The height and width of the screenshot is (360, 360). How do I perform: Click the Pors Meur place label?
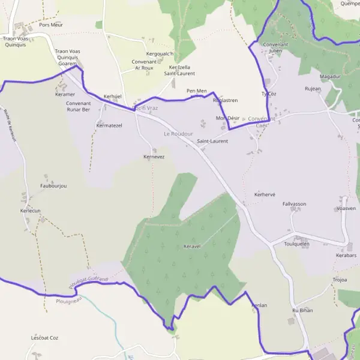(51, 25)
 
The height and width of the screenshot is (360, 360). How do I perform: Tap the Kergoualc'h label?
(160, 55)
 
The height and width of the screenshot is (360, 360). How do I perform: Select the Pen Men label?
(196, 91)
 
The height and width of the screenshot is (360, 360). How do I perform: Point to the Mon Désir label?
(227, 118)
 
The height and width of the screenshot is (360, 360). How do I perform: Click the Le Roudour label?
(178, 134)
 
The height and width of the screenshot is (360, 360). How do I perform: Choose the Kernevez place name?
(154, 157)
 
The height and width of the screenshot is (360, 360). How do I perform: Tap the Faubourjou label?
(53, 186)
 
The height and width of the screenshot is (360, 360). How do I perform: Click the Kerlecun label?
(30, 211)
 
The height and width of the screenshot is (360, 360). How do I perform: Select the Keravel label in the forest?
(191, 247)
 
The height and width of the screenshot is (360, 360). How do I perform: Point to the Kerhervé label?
(265, 195)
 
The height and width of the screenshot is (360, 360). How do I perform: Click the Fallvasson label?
(294, 204)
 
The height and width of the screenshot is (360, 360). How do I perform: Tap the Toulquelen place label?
(296, 244)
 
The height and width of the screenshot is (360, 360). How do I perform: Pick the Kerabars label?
(346, 255)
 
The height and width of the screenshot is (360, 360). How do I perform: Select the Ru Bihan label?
(302, 310)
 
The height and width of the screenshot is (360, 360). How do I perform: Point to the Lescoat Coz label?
(44, 338)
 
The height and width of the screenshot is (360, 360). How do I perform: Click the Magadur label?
(330, 77)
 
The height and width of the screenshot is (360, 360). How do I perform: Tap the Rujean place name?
(313, 89)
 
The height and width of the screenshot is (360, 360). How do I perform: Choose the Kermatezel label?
(109, 125)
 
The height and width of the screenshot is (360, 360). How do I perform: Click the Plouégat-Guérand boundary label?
(88, 283)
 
